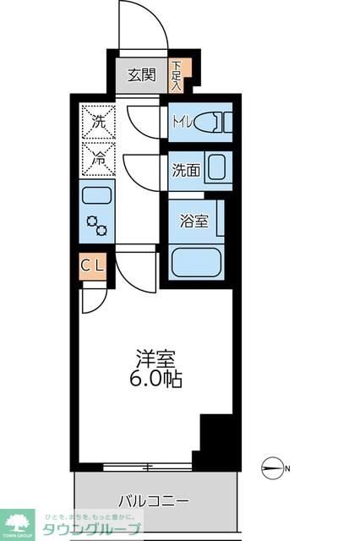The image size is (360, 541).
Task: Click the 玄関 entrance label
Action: pos(141,74)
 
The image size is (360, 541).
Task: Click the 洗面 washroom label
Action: pos(186,169)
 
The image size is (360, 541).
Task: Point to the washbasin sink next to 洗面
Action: pos(215,167)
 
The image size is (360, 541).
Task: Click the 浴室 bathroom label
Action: pos(194,221)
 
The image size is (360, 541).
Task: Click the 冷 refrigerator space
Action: pos(97,157)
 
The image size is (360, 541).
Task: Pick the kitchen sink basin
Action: pos(97,196)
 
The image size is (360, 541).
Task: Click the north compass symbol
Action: pos(273,467)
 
